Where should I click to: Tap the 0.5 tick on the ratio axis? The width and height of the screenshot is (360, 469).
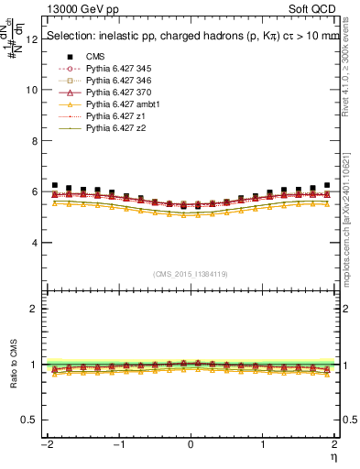[x=30, y=420]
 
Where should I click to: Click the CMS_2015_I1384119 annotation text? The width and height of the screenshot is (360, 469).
[x=191, y=274]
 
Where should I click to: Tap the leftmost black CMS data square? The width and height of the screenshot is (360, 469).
[x=55, y=185]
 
